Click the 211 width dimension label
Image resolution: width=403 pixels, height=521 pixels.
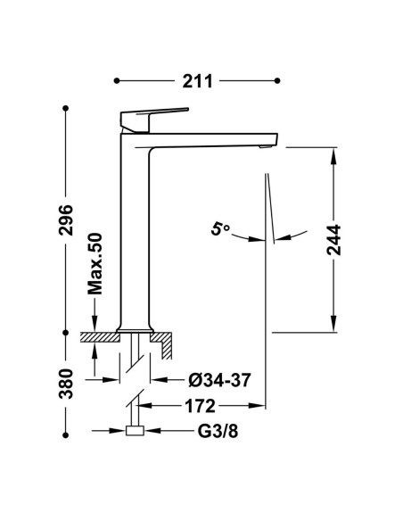click(197, 81)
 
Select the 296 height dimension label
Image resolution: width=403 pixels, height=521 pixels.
click(66, 220)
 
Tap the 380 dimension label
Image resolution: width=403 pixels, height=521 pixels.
click(66, 384)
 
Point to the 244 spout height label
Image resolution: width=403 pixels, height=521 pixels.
click(333, 240)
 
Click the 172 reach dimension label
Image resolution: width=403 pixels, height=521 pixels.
click(200, 406)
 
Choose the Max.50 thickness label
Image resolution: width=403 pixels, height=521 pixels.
click(95, 264)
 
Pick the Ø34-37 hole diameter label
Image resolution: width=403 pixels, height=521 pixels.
click(219, 380)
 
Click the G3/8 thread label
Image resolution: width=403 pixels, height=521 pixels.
click(218, 431)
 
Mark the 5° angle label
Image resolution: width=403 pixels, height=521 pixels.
click(219, 229)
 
